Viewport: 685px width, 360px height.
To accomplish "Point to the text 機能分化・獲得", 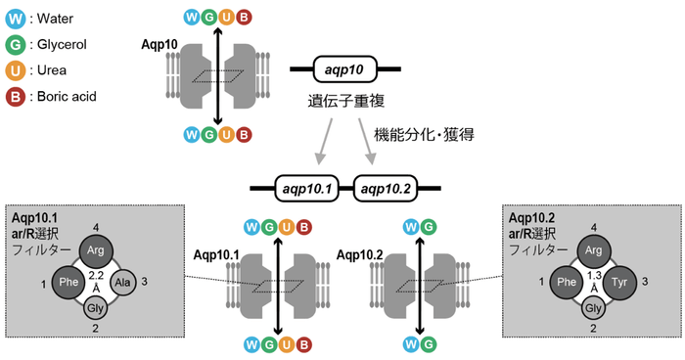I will tap(419, 134).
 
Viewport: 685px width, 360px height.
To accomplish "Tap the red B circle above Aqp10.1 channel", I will tap(305, 228).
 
